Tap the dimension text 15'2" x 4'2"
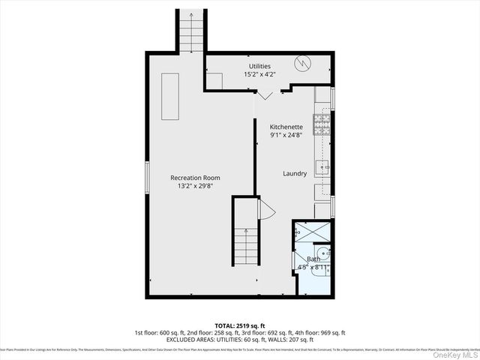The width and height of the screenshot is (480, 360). coord(259,74)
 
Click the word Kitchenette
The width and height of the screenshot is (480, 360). coord(286,127)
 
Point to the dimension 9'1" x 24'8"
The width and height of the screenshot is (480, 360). coord(286,136)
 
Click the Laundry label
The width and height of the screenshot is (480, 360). coord(295,173)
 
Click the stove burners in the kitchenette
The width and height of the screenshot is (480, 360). coord(322,124)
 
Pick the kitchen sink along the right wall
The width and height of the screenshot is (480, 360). coord(322,166)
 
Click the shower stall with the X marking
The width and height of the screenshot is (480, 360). coord(311,232)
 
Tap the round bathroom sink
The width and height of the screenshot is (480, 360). coord(322,253)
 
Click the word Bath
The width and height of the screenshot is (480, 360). coord(313,259)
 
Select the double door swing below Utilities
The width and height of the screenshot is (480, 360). coord(266,94)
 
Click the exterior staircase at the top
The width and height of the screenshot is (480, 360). coord(191,32)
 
